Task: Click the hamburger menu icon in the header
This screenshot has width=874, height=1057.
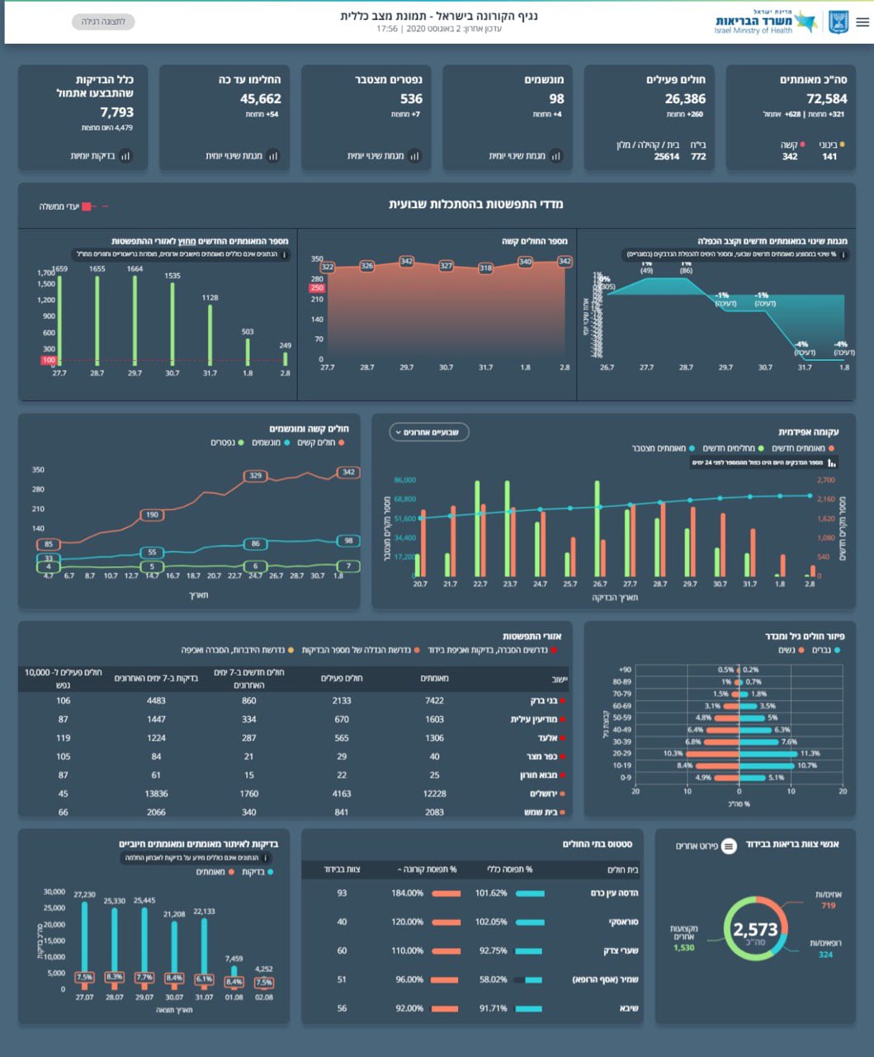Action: [862, 22]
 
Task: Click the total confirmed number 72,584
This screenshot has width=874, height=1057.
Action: [826, 99]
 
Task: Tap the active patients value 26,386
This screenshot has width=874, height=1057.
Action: [685, 99]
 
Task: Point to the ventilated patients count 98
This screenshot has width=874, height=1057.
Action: [556, 99]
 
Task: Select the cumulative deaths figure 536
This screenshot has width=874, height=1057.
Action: [411, 99]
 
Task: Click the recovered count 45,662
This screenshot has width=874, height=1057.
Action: [261, 99]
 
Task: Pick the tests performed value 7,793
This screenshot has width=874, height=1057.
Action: [116, 112]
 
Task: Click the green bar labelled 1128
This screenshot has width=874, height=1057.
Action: [210, 334]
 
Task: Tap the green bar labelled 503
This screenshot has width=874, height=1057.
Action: [248, 351]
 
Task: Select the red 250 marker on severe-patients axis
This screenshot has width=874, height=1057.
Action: [317, 288]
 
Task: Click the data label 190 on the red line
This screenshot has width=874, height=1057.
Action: [152, 514]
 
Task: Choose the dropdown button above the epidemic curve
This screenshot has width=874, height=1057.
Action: [429, 432]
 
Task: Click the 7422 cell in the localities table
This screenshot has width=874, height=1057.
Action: [434, 701]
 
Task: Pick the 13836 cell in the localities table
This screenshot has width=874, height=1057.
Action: [156, 794]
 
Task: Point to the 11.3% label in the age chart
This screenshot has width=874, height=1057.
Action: [810, 753]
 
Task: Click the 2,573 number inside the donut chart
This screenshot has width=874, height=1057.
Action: [755, 931]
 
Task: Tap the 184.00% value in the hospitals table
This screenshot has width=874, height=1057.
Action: [407, 893]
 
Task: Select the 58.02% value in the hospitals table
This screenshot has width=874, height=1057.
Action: [493, 980]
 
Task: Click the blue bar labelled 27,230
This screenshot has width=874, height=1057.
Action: [84, 941]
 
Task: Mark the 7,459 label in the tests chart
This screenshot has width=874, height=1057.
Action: [234, 959]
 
